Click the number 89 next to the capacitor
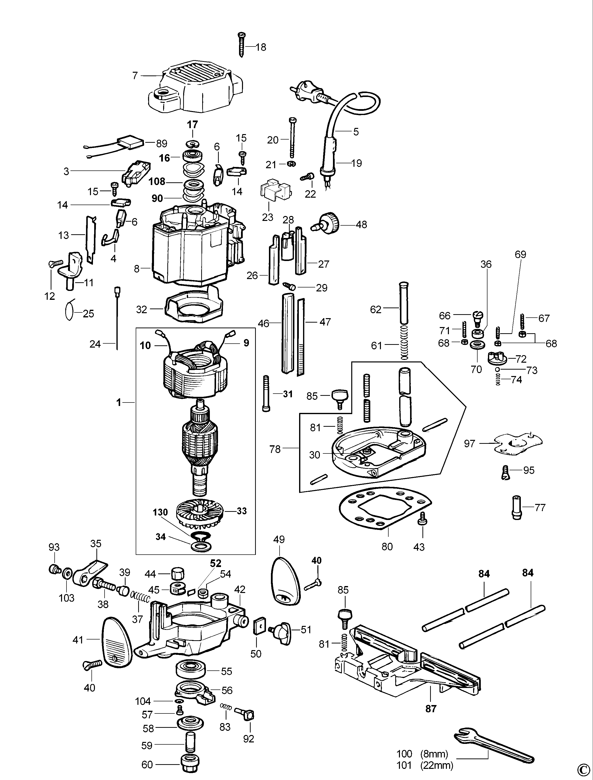click(x=161, y=143)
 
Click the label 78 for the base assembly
click(x=275, y=449)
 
